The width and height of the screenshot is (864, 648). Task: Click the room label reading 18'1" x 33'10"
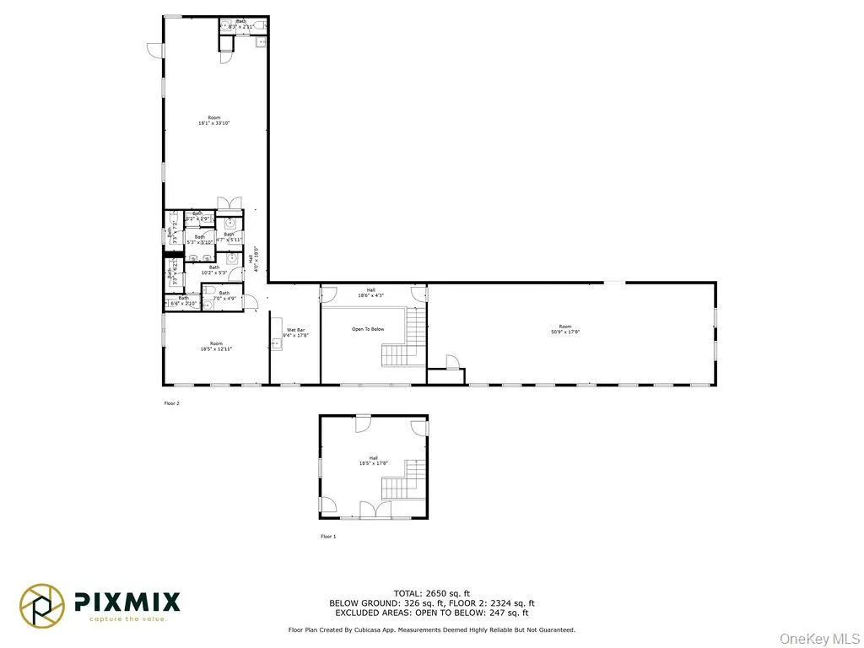click(x=213, y=121)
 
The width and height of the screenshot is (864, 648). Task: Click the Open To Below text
click(x=368, y=329)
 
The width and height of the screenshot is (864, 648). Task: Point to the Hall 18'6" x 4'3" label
click(x=370, y=293)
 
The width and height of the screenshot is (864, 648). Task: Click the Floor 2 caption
click(x=171, y=403)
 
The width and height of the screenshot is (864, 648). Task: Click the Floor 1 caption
click(x=328, y=537)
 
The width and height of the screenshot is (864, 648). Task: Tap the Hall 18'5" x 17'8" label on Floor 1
click(x=372, y=461)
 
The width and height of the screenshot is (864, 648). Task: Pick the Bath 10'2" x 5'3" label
click(x=213, y=270)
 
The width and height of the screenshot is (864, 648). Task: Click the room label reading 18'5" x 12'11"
click(x=216, y=346)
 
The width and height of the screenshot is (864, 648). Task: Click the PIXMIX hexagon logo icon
click(x=43, y=606)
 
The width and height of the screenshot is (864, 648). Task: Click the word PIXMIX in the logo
click(x=127, y=602)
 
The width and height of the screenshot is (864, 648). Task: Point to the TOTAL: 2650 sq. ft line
click(x=431, y=593)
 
